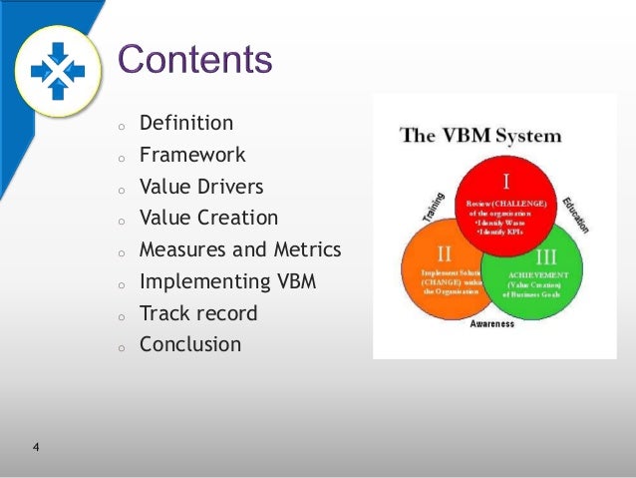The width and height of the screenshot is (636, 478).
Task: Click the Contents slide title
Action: click(x=195, y=60)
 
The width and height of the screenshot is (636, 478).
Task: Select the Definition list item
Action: click(x=186, y=124)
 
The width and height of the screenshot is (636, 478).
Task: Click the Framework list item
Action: click(x=192, y=156)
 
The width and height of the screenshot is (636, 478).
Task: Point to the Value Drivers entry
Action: click(x=202, y=187)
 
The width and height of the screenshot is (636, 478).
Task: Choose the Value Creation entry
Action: click(x=208, y=218)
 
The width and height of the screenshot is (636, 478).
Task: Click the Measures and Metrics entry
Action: click(x=240, y=249)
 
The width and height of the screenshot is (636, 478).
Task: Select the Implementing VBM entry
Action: click(x=227, y=281)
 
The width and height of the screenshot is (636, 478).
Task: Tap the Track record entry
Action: click(x=198, y=313)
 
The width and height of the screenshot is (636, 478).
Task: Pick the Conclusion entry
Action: click(x=190, y=344)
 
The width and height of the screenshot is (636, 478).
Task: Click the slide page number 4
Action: click(x=36, y=446)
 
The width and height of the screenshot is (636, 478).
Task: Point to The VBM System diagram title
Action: click(x=480, y=135)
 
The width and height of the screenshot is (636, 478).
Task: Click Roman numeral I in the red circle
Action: click(x=506, y=182)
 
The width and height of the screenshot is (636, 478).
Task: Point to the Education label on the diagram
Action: click(x=577, y=213)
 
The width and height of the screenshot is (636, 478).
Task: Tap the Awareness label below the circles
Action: click(x=492, y=323)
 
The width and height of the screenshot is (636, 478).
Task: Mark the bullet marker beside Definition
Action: click(x=120, y=127)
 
